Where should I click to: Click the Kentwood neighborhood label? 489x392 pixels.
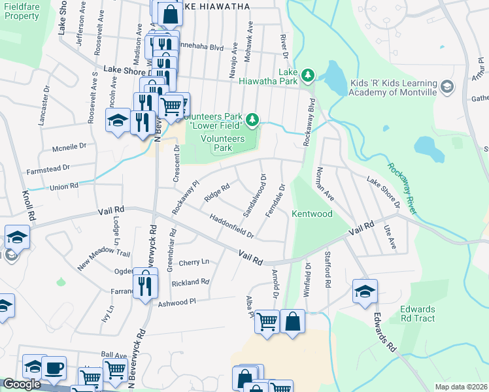coord(312,214)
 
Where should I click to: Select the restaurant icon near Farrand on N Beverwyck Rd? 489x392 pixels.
coord(144,283)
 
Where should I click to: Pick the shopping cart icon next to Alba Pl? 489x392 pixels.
coord(267,321)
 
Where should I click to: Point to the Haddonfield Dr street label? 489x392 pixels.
coord(231,226)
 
